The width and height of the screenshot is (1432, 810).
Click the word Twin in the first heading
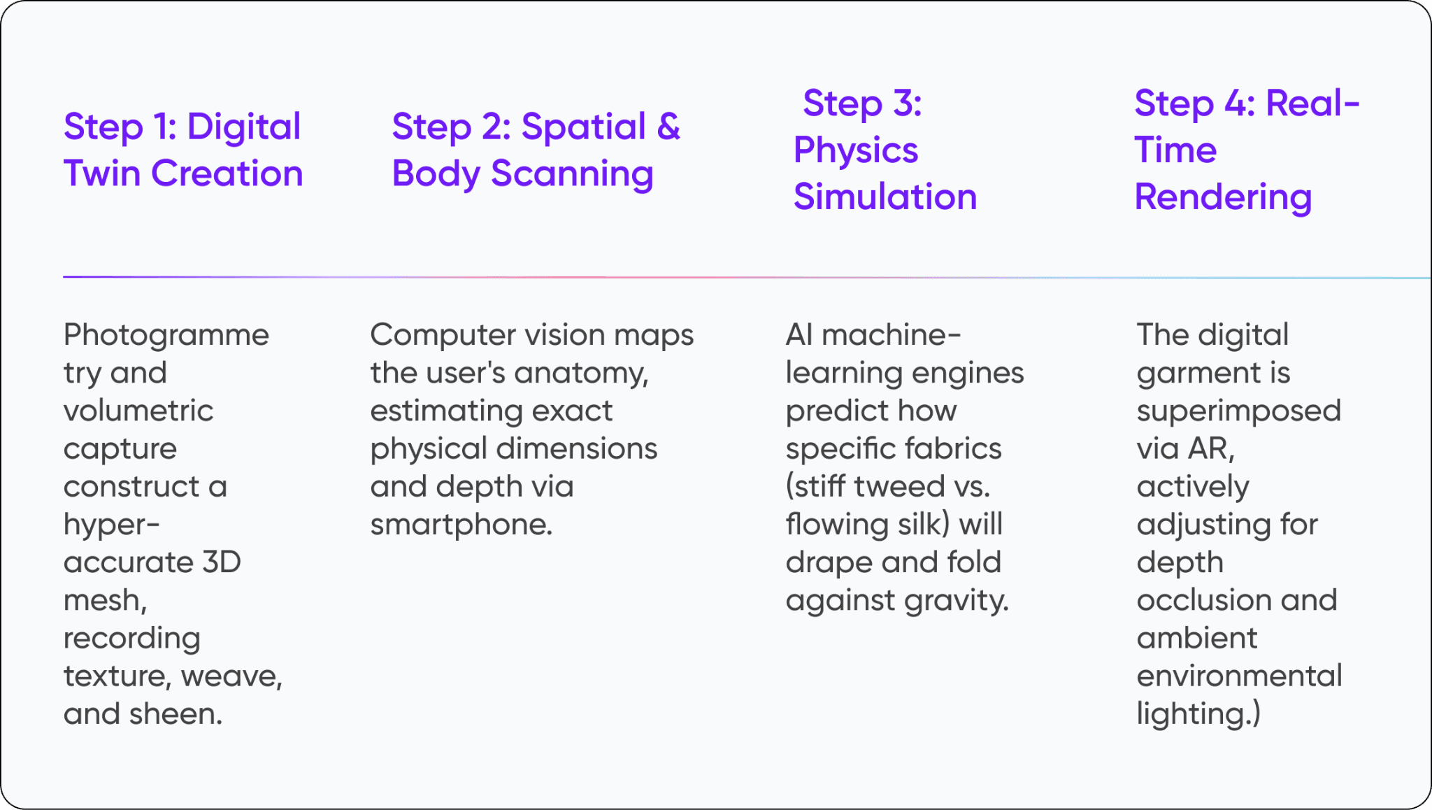coord(102,173)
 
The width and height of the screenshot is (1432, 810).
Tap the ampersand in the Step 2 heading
coord(668,127)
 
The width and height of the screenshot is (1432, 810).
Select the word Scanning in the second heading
coord(572,175)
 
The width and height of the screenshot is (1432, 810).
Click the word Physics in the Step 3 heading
coord(855,151)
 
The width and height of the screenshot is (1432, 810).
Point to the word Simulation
coord(885,197)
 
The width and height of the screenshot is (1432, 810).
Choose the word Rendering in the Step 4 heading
coord(1223,198)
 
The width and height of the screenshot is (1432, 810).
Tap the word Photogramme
coord(166,335)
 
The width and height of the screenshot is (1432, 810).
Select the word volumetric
coord(138,411)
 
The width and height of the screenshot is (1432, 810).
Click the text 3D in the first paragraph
coord(222,562)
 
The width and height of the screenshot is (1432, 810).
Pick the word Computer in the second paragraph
coord(434,335)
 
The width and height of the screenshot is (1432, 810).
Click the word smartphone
coord(461,525)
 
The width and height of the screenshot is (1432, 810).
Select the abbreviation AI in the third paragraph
coord(799,335)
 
